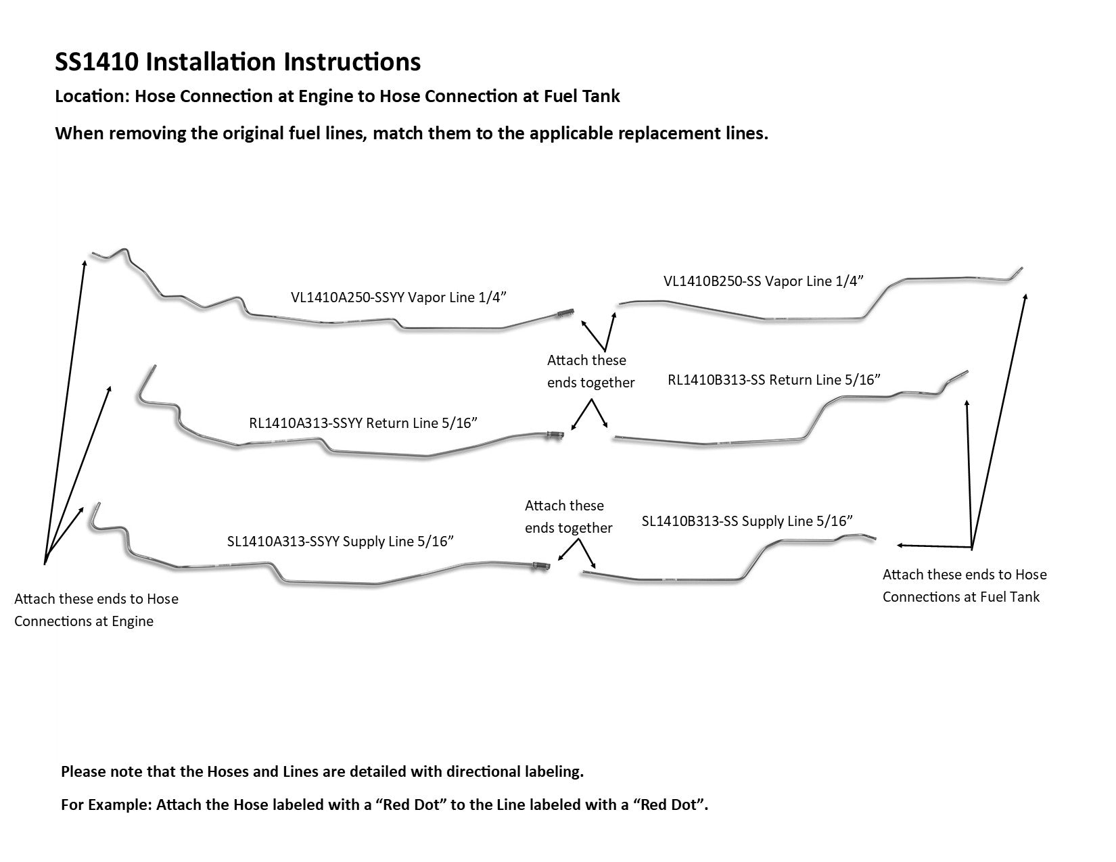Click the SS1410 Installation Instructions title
pyautogui.click(x=237, y=62)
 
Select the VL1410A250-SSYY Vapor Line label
pyautogui.click(x=398, y=297)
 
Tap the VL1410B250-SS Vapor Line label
pyautogui.click(x=764, y=281)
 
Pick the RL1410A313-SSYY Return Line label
pyautogui.click(x=363, y=423)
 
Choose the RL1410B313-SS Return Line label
pyautogui.click(x=774, y=380)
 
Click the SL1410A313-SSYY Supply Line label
pyautogui.click(x=340, y=541)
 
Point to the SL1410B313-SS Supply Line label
pyautogui.click(x=747, y=521)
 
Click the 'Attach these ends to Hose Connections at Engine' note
pyautogui.click(x=96, y=610)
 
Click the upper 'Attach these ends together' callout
pyautogui.click(x=590, y=371)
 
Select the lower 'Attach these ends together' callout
pyautogui.click(x=568, y=517)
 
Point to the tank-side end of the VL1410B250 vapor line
pyautogui.click(x=1019, y=270)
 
